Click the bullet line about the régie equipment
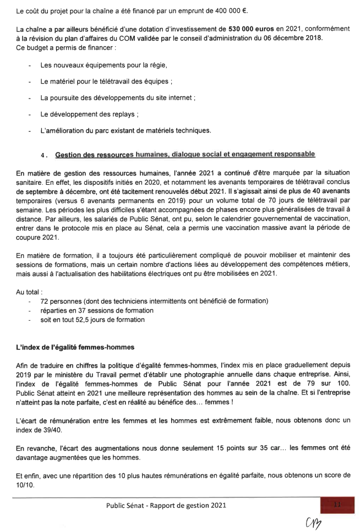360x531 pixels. [103, 65]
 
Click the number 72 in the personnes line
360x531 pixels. [45, 302]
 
